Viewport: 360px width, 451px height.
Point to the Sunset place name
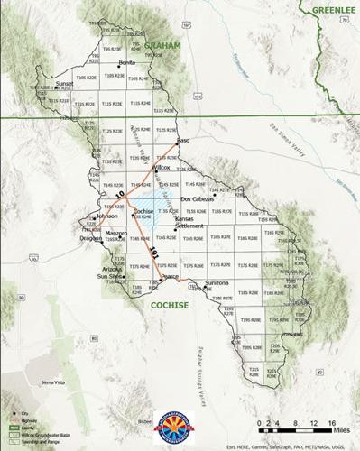(x=64, y=83)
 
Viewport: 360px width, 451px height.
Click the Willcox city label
(x=162, y=167)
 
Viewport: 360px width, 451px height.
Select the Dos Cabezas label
(x=197, y=198)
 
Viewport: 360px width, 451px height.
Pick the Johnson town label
(x=107, y=216)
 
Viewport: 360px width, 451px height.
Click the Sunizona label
(x=218, y=283)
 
